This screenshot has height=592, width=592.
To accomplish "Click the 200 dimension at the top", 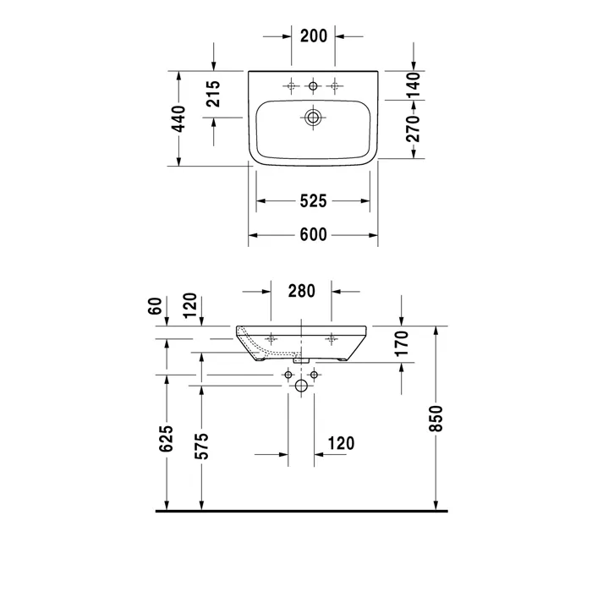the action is [x=314, y=36].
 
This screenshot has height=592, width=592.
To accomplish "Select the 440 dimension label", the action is [x=178, y=119].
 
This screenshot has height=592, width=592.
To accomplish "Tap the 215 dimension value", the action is [x=213, y=94].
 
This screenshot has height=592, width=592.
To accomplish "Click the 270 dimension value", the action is [x=413, y=129].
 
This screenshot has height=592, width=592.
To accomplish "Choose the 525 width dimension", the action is [x=313, y=201].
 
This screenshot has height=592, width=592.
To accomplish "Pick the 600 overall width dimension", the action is [x=313, y=234].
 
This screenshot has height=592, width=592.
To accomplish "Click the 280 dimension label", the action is [x=301, y=291].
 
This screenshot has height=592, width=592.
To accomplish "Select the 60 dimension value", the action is [x=155, y=306].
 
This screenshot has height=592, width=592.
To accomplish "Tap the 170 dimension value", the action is [x=402, y=343].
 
